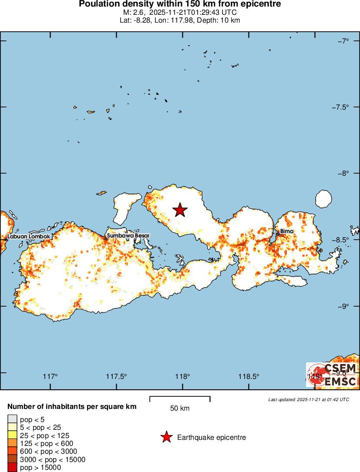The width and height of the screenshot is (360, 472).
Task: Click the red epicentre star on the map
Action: click(x=180, y=210)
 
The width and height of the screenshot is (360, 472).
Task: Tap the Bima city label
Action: click(x=287, y=231)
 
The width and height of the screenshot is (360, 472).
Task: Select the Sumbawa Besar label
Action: click(x=128, y=236)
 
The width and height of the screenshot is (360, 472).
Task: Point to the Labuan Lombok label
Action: click(x=29, y=237)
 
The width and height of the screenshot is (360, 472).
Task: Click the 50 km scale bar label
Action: click(x=180, y=408)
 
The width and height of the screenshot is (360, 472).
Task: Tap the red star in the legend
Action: click(x=166, y=437)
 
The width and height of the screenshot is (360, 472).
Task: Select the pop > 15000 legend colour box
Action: click(x=12, y=468)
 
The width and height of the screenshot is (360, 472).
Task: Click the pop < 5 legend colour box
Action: click(x=12, y=419)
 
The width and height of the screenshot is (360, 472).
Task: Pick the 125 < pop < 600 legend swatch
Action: click(x=12, y=443)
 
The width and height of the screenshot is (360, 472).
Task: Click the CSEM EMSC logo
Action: click(x=332, y=375)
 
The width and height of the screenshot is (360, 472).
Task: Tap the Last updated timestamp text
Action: click(x=309, y=399)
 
